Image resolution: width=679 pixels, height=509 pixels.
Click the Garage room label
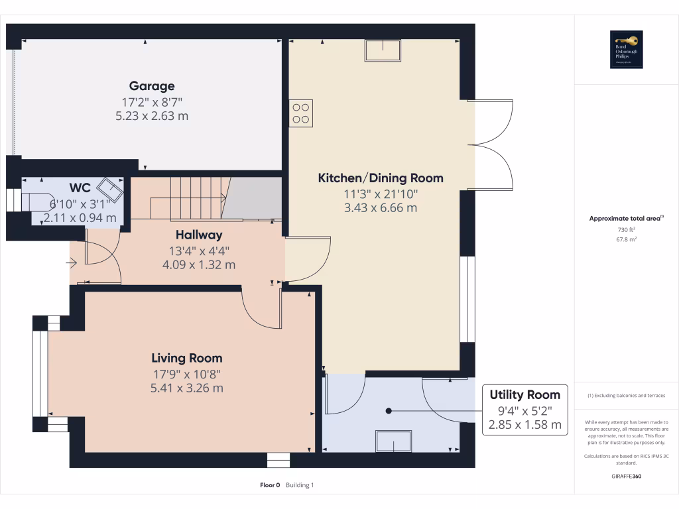click(152, 85)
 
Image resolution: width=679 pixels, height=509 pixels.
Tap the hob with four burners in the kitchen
click(300, 113)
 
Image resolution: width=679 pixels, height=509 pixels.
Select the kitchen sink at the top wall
click(383, 50)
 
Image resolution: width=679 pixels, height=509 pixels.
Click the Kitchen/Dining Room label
click(381, 178)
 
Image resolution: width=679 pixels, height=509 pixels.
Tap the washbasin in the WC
click(111, 190)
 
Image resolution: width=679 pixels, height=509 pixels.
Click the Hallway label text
click(199, 235)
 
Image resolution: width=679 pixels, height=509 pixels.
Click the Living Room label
click(187, 358)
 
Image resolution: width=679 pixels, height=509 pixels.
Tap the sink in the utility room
click(393, 441)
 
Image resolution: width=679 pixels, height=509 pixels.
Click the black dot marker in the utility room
click(389, 411)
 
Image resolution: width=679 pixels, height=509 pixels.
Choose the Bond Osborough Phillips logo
click(627, 50)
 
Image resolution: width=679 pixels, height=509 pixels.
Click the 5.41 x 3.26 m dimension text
click(187, 388)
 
